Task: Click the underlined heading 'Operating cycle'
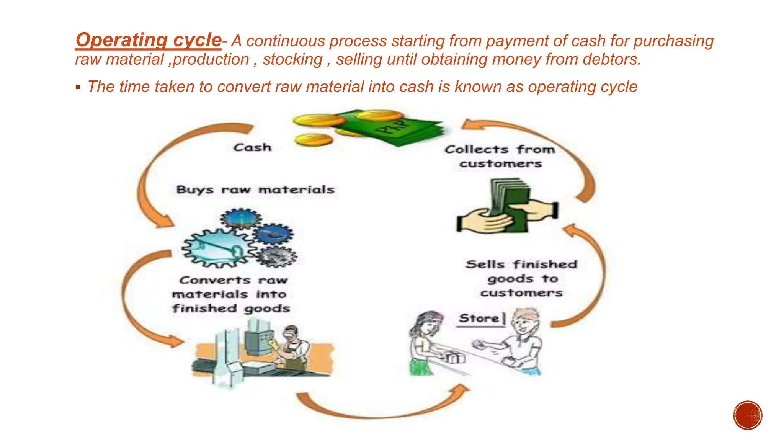pyautogui.click(x=148, y=40)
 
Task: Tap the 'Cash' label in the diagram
pyautogui.click(x=252, y=147)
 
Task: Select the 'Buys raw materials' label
pyautogui.click(x=255, y=189)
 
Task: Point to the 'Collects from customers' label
pyautogui.click(x=500, y=156)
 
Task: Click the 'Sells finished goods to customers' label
pyautogui.click(x=521, y=278)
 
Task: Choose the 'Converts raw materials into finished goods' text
pyautogui.click(x=231, y=294)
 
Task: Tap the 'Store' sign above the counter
pyautogui.click(x=479, y=318)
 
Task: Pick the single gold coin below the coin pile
pyautogui.click(x=314, y=140)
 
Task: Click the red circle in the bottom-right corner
pyautogui.click(x=748, y=415)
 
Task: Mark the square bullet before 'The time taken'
pyautogui.click(x=78, y=87)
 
